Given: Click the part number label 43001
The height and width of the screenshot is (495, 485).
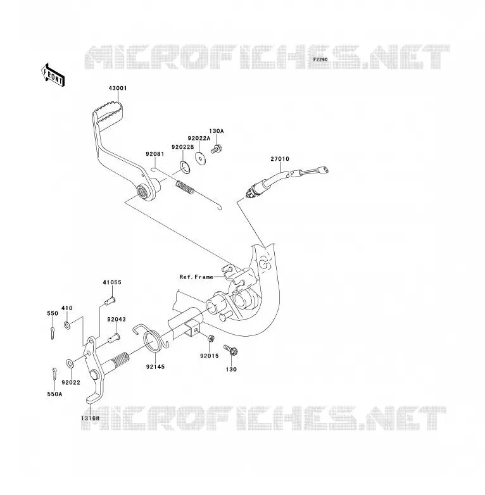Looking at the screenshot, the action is pyautogui.click(x=118, y=88).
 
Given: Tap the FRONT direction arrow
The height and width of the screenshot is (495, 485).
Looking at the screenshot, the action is pyautogui.click(x=53, y=75).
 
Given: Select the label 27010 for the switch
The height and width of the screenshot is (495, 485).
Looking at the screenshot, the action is pyautogui.click(x=280, y=159).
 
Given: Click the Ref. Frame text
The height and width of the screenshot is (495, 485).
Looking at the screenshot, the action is pyautogui.click(x=196, y=277).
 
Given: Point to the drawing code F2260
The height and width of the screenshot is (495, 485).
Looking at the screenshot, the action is pyautogui.click(x=320, y=60).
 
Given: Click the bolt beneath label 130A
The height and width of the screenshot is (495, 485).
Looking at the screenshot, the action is pyautogui.click(x=216, y=149).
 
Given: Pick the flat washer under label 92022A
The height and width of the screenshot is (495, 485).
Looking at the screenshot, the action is pyautogui.click(x=199, y=158).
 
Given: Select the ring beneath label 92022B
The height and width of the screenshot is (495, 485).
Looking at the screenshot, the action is pyautogui.click(x=185, y=166).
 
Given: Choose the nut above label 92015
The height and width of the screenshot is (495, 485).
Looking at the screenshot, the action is pyautogui.click(x=211, y=339).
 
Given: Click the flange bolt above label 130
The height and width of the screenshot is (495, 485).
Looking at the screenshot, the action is pyautogui.click(x=231, y=350).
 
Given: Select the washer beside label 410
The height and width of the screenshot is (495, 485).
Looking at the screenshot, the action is pyautogui.click(x=67, y=325).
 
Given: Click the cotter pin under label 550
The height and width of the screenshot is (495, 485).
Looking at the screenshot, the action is pyautogui.click(x=53, y=333).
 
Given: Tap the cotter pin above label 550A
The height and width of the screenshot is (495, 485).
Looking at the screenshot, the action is pyautogui.click(x=54, y=373).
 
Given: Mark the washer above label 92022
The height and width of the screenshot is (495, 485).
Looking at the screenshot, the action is pyautogui.click(x=70, y=363).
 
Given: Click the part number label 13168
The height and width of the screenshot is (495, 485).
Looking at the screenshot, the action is pyautogui.click(x=90, y=418).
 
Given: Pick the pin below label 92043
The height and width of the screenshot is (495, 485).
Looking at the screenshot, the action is pyautogui.click(x=114, y=339).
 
